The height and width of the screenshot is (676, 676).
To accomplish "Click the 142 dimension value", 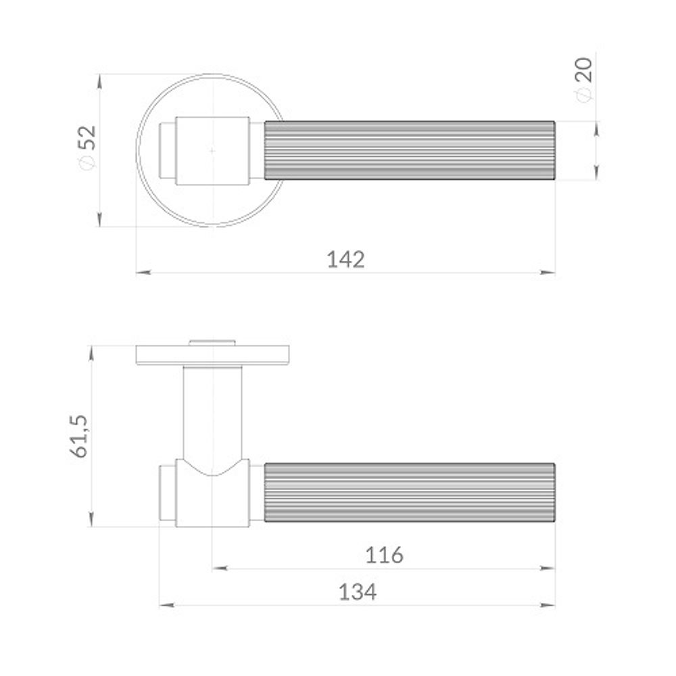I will click(x=345, y=260).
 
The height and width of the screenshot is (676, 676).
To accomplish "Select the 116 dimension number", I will click(x=384, y=555).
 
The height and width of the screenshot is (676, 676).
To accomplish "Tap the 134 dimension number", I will click(x=357, y=592).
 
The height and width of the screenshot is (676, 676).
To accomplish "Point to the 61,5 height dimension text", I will click(x=80, y=437).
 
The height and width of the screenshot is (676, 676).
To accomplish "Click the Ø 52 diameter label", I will click(x=88, y=147).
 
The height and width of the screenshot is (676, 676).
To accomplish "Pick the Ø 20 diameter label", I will click(x=584, y=80).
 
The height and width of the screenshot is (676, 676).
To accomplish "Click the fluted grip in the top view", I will click(x=409, y=150).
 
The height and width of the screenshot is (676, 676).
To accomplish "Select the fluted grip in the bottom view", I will click(x=409, y=492).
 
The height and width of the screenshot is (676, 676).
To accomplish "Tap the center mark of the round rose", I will click(x=212, y=150).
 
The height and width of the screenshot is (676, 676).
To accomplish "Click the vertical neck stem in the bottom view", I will click(x=212, y=412).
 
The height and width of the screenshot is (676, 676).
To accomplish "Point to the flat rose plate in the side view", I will click(x=212, y=356).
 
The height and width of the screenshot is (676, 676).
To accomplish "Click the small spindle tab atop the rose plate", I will click(x=212, y=343).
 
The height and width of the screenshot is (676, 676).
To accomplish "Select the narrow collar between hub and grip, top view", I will click(x=257, y=150).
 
